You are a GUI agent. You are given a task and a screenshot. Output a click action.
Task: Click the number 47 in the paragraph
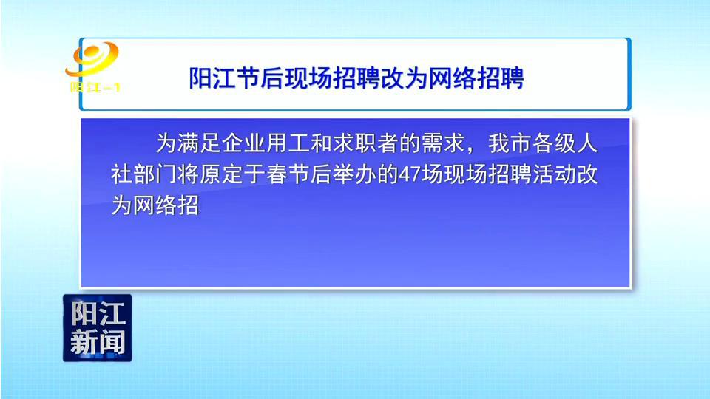409,174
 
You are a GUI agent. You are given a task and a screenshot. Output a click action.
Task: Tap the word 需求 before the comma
443,143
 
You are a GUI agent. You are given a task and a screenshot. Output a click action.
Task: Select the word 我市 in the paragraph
510,143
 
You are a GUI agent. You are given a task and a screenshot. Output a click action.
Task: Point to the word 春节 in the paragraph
288,174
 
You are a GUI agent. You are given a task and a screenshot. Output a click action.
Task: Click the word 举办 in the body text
354,174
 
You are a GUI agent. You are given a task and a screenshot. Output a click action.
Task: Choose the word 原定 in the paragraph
221,174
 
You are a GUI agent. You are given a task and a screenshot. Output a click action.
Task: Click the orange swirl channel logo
92,59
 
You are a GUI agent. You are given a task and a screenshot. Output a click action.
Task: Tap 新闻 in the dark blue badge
98,342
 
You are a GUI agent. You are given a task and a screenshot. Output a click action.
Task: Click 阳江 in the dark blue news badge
98,313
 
